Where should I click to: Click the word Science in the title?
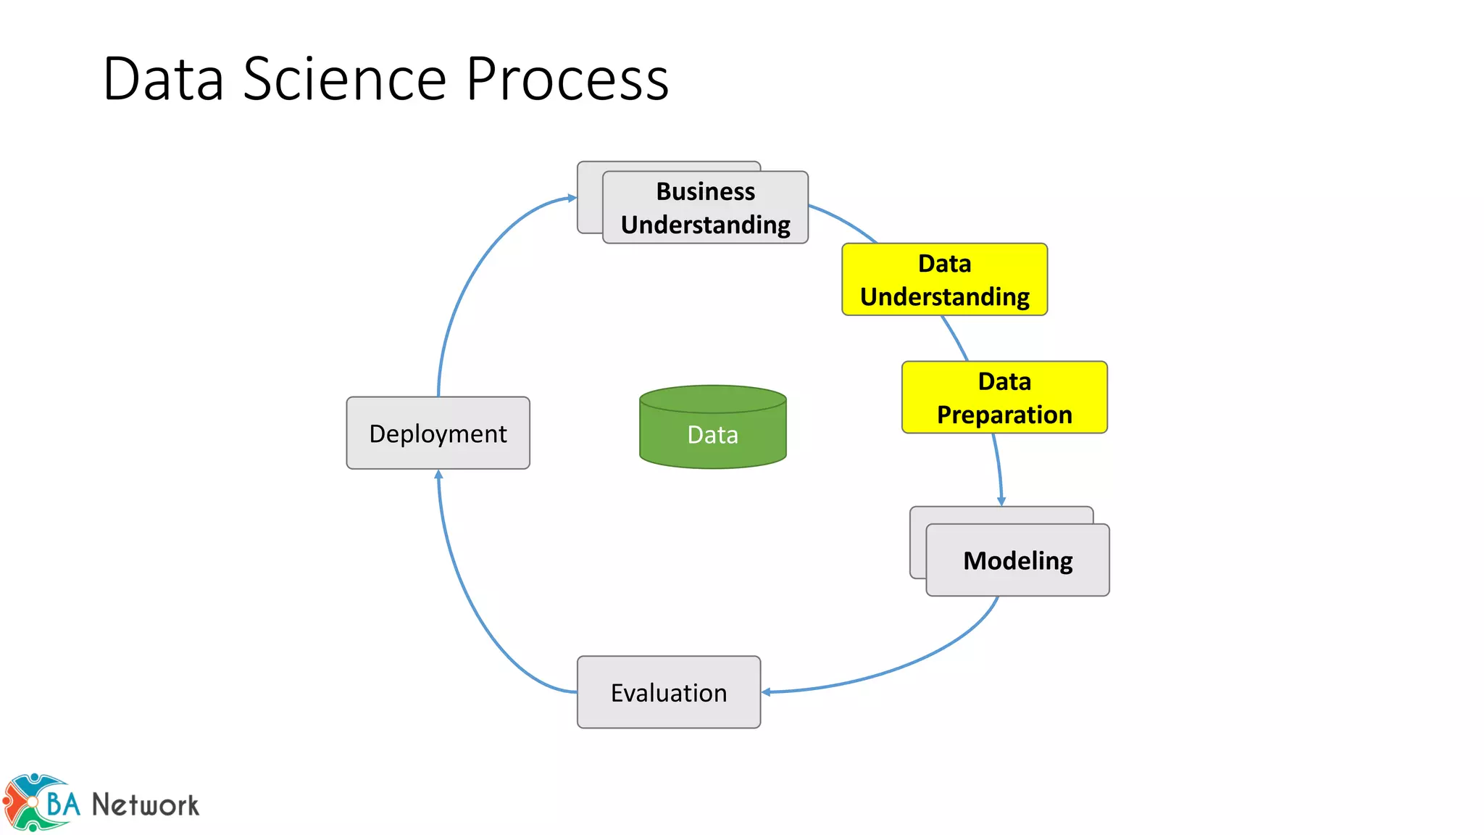[344, 79]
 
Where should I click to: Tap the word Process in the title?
[567, 79]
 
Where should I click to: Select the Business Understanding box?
[705, 208]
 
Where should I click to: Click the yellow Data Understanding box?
[944, 280]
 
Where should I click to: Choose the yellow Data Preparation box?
[1004, 398]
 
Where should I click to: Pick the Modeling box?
[1017, 560]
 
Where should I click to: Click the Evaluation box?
[668, 692]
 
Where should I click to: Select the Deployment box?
[438, 433]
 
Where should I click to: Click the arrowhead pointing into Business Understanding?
[572, 197]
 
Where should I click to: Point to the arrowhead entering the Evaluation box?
[766, 692]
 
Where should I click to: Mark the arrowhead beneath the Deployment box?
[438, 475]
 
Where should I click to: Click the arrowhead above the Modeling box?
[1001, 501]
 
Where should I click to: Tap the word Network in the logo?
[145, 805]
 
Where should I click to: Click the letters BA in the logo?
[63, 804]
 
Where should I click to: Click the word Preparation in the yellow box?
[1004, 415]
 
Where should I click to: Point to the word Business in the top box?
[705, 191]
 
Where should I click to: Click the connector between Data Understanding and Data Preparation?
[955, 338]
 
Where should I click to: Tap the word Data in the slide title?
[164, 79]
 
